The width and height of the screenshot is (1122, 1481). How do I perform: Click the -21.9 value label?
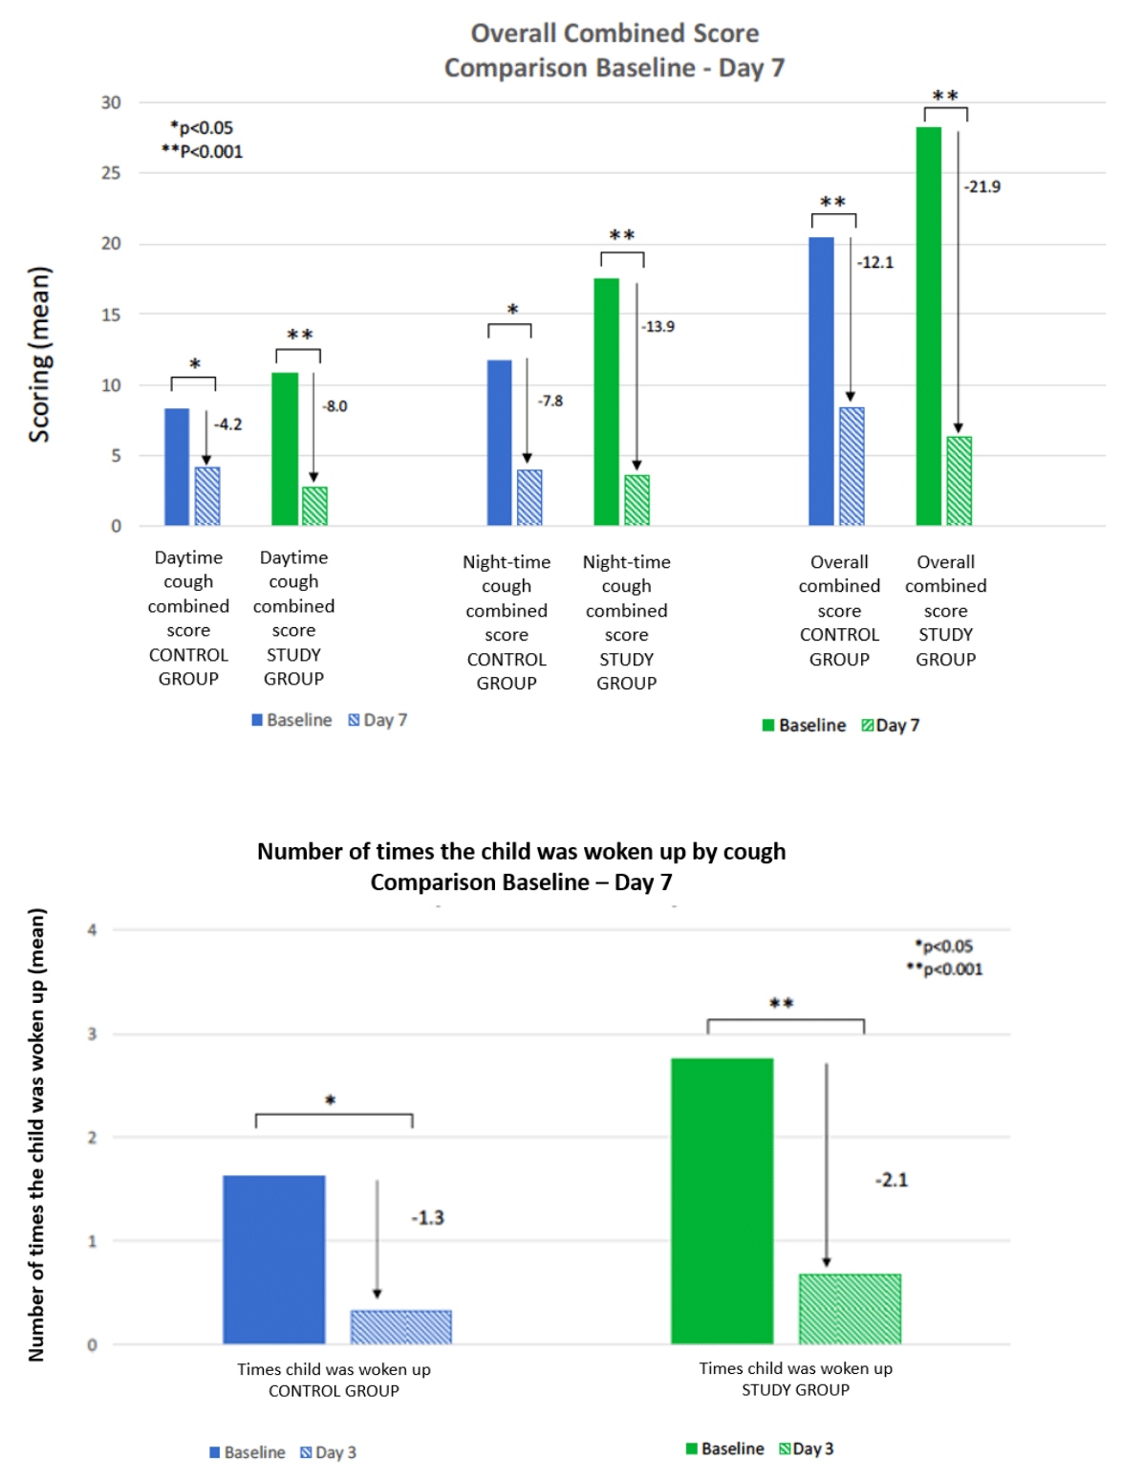click(x=982, y=186)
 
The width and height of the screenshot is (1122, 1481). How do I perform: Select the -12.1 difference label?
click(x=875, y=262)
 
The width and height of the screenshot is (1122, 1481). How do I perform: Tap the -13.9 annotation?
click(x=658, y=327)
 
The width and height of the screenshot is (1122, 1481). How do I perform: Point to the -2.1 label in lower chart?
click(x=891, y=1180)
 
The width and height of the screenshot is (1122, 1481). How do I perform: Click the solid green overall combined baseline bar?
click(x=928, y=325)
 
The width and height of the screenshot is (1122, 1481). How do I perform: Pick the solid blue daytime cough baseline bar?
click(x=177, y=467)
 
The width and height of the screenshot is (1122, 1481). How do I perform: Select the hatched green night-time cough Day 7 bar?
click(x=637, y=500)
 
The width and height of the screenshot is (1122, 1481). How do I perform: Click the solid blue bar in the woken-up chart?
click(x=273, y=1259)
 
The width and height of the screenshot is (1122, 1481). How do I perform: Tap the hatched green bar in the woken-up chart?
click(x=850, y=1309)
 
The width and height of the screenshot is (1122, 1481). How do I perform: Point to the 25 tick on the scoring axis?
click(x=111, y=173)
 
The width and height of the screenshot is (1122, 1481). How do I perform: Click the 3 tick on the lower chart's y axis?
click(x=92, y=1034)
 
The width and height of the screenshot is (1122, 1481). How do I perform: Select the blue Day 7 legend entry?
click(x=378, y=720)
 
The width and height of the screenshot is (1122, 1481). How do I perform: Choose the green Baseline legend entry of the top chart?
click(x=804, y=726)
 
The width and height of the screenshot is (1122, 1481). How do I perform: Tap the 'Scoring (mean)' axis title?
click(x=39, y=354)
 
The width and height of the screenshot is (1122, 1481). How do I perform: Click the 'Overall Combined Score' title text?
click(x=615, y=33)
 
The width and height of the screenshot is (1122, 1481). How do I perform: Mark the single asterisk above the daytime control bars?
click(x=194, y=364)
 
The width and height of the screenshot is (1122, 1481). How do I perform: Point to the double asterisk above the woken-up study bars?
click(x=782, y=1003)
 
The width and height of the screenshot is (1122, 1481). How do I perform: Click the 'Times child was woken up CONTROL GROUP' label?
click(x=334, y=1380)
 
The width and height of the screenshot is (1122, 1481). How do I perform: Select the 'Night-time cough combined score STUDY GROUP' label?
click(x=626, y=622)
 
